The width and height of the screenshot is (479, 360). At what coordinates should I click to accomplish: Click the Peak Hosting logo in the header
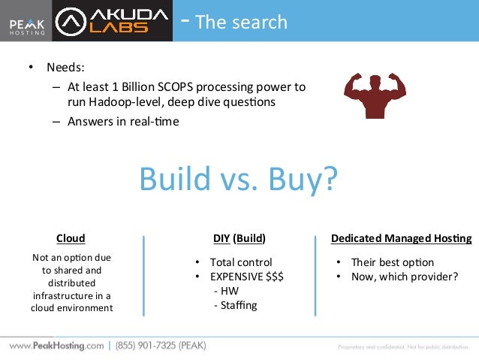(26, 23)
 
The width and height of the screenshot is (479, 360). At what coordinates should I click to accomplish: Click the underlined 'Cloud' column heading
(71, 238)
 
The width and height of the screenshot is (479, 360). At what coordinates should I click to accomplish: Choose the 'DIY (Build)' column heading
(239, 238)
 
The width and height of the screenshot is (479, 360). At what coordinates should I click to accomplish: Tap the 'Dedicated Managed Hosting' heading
(402, 238)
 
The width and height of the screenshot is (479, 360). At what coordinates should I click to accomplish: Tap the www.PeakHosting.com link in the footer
(56, 346)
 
